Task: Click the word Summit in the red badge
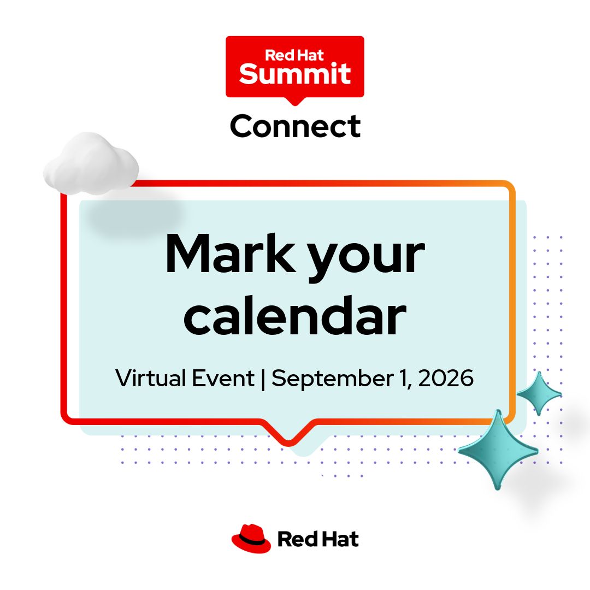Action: click(x=295, y=74)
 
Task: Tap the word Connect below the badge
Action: click(x=296, y=126)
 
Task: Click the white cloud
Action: click(x=91, y=164)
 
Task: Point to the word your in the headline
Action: click(x=367, y=259)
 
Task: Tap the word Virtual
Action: click(x=151, y=378)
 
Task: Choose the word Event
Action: click(x=223, y=378)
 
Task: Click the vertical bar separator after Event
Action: click(x=263, y=379)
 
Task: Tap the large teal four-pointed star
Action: click(x=498, y=450)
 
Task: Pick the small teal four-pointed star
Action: click(x=539, y=393)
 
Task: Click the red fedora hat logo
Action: click(x=251, y=539)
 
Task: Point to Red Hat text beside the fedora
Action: click(x=318, y=539)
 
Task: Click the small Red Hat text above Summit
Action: click(x=294, y=55)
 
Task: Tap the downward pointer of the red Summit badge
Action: click(x=295, y=102)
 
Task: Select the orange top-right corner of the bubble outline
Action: click(x=508, y=187)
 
